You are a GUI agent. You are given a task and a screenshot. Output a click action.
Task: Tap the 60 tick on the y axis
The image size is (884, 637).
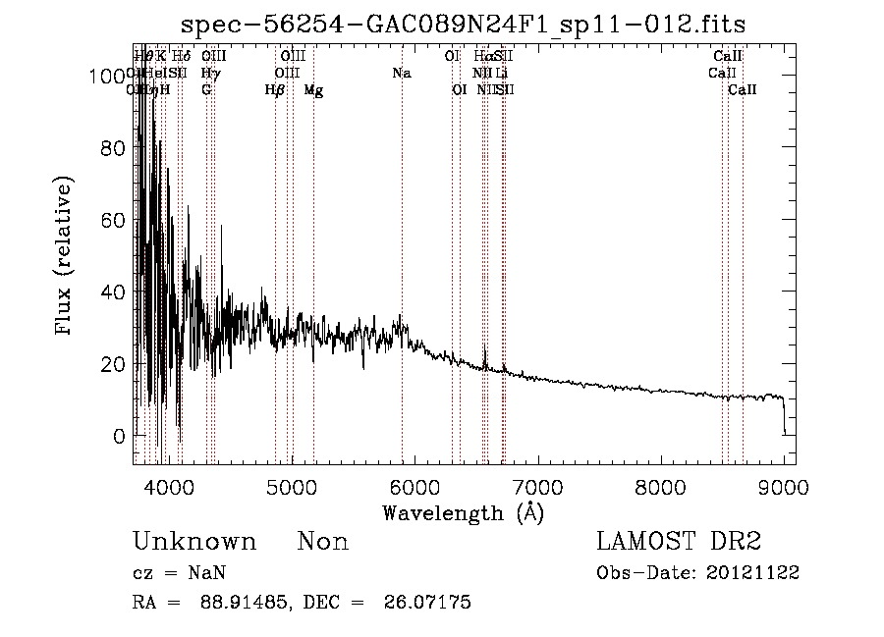coord(115,220)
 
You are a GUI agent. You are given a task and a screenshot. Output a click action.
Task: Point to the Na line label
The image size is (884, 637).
coord(401,74)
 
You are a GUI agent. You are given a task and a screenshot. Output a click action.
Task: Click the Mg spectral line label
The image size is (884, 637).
coord(313,90)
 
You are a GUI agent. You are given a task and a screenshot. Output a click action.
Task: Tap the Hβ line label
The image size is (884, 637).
coord(275,90)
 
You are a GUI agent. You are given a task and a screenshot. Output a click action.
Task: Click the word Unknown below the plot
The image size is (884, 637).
coord(194,542)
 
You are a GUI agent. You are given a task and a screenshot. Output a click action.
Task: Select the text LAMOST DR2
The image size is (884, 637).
coord(679,542)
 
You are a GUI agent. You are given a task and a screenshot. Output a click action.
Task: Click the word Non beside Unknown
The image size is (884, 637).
coord(323,542)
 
